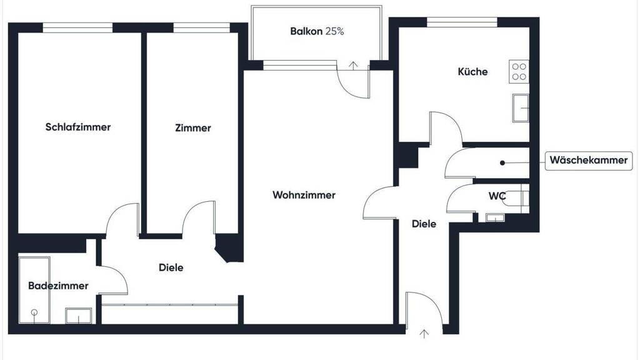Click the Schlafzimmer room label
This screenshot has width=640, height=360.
(78, 127)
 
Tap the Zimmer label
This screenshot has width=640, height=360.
(193, 127)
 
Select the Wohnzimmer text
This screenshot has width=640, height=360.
(304, 195)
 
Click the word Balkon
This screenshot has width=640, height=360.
(306, 31)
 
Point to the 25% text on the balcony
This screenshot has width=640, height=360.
(335, 31)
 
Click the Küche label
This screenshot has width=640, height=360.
(472, 71)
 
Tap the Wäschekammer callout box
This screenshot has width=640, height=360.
(589, 160)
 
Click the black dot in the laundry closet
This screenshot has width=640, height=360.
(502, 163)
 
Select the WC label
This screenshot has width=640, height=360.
(497, 196)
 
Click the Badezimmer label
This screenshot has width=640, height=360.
(58, 285)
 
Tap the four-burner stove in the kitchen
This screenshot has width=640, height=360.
(519, 72)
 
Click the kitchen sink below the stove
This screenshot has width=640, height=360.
(521, 107)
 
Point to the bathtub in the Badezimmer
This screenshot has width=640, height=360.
(34, 290)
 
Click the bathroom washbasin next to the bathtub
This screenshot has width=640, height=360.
(78, 316)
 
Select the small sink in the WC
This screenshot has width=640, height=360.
(495, 217)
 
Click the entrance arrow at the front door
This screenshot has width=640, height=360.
(424, 334)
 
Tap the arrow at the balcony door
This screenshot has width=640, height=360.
(353, 65)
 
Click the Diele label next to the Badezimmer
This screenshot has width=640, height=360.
(171, 267)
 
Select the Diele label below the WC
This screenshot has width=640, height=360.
(424, 224)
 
